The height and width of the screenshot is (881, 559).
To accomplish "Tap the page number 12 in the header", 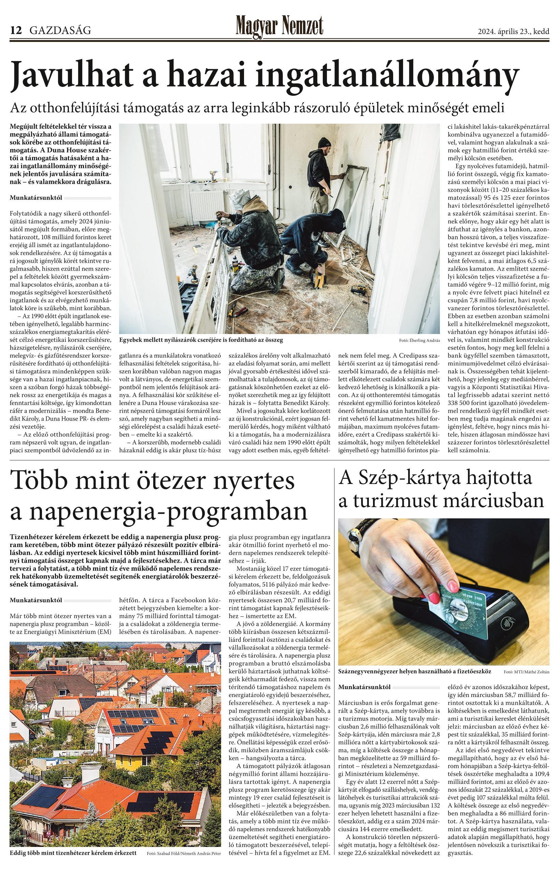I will coord(16,31).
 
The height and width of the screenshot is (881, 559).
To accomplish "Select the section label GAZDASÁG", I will coord(60,31).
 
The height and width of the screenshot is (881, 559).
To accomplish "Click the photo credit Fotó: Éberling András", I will coord(419,340).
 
